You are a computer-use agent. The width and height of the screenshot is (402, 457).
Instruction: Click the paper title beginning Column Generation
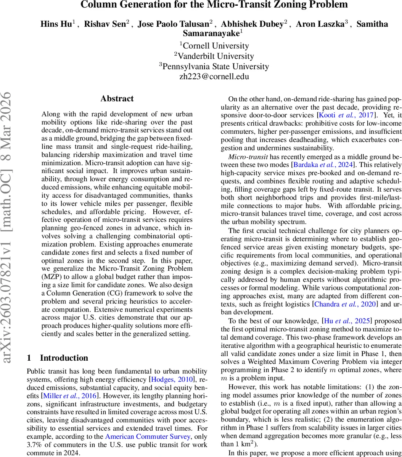(x=214, y=5)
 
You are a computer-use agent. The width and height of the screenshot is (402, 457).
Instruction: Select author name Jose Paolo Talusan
(x=173, y=24)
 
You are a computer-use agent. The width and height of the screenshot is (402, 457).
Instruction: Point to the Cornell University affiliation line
(x=214, y=46)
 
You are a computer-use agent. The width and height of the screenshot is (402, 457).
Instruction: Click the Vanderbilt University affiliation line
(x=214, y=56)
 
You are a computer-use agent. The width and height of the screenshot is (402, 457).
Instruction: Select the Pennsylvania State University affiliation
(x=214, y=66)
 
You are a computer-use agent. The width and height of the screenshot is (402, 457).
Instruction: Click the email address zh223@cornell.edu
(x=214, y=76)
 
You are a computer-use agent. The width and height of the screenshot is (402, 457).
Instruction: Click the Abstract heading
(x=117, y=99)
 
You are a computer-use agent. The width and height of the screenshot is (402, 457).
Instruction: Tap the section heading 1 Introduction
(x=58, y=358)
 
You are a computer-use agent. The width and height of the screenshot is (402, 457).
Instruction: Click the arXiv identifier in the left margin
(x=10, y=228)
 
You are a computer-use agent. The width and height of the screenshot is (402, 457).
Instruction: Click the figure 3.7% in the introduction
(x=34, y=445)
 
